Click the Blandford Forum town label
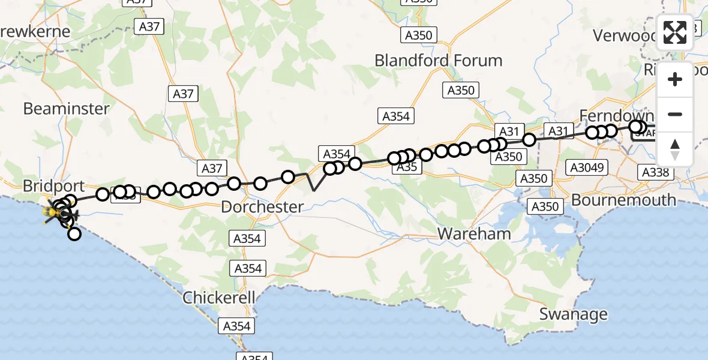[x=438, y=61]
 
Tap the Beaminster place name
[x=66, y=109]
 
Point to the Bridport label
[x=54, y=186]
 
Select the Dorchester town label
[x=262, y=207]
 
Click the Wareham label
[x=474, y=233]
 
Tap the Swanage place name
[x=573, y=314]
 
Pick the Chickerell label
[x=220, y=298]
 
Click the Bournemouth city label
[x=623, y=200]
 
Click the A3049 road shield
[x=587, y=168]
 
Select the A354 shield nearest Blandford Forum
[x=396, y=116]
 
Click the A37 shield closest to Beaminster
[x=183, y=94]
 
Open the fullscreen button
[x=675, y=32]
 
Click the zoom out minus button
[x=675, y=114]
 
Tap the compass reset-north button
[x=675, y=149]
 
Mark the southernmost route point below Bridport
[x=74, y=233]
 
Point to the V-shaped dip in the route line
[x=314, y=190]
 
